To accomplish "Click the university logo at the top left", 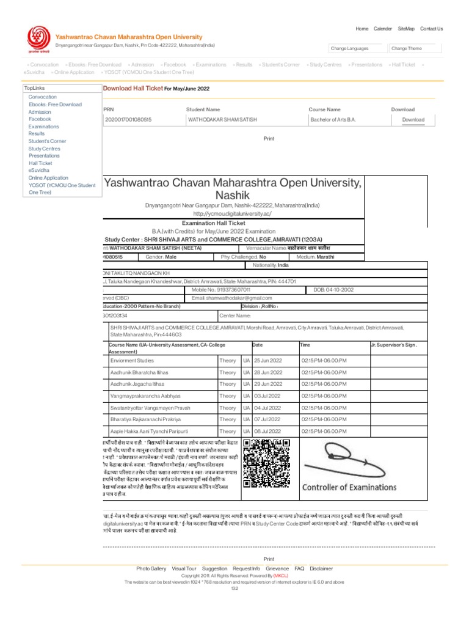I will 36,41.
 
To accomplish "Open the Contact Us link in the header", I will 431,29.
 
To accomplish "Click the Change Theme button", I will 406,48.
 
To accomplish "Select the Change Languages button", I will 349,48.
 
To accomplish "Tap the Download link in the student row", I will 413,120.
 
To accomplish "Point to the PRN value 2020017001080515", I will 129,120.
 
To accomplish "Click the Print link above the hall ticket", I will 269,139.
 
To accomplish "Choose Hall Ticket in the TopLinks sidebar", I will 40,163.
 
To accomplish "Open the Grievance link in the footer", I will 277,568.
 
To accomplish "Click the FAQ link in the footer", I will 299,568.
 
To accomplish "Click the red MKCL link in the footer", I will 280,576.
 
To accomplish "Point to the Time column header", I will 305,345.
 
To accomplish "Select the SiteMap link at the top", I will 405,29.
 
